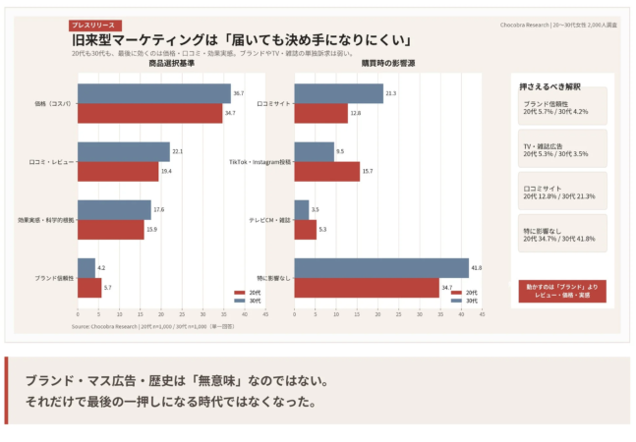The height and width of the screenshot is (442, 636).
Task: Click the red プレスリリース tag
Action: [x=94, y=25]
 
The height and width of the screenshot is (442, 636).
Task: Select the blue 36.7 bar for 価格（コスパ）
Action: [x=153, y=94]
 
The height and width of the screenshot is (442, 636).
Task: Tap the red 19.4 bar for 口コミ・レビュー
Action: [x=117, y=172]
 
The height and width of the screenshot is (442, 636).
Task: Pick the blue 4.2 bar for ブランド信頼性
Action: [x=86, y=267]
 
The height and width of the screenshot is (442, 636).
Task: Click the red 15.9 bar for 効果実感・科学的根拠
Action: [x=110, y=229]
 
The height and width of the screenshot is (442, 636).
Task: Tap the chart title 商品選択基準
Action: [x=171, y=63]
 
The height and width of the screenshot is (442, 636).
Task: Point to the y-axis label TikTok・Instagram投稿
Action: [x=260, y=162]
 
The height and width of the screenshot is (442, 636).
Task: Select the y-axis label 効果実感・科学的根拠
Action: [x=46, y=220]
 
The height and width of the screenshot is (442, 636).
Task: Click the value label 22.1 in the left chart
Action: [x=177, y=152]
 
